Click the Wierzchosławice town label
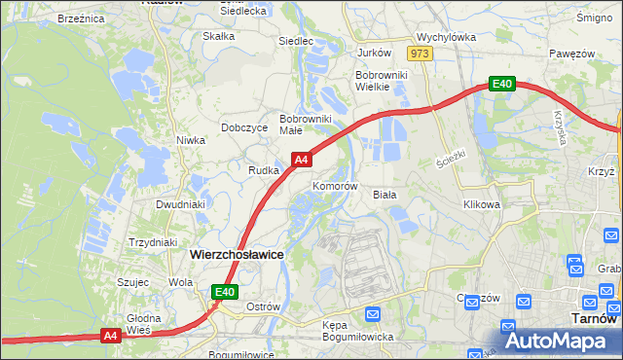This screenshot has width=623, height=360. (237, 253)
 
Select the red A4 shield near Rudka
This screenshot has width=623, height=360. (301, 159)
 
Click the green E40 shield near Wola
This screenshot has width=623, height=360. (225, 291)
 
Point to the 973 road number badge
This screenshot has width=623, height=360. (420, 54)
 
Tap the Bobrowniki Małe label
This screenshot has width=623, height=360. (306, 124)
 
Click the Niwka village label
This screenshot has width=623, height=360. (190, 140)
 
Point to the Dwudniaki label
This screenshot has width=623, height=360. (180, 205)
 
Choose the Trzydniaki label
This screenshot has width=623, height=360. (152, 242)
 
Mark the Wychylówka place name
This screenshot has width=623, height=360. (445, 36)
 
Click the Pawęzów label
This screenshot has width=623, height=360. (570, 53)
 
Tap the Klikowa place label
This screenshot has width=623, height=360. (482, 205)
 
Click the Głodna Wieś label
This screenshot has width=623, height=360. (142, 324)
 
